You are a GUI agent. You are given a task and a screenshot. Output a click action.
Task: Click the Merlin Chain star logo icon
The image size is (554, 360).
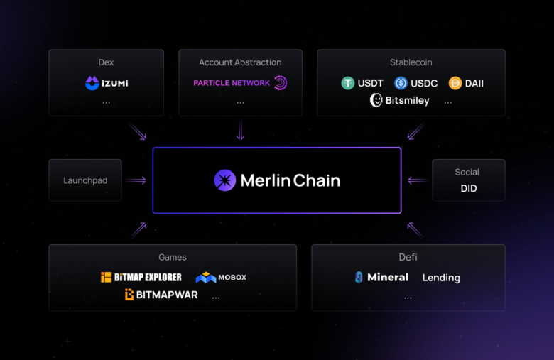point(224,180)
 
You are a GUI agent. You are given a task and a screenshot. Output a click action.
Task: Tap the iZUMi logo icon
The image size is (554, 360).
point(92,84)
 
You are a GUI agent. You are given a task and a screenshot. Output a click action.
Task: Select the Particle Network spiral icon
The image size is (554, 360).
point(281,83)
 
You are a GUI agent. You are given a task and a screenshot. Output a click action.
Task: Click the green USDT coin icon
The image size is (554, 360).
point(347,83)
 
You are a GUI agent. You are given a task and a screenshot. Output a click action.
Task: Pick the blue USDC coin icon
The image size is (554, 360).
point(401,83)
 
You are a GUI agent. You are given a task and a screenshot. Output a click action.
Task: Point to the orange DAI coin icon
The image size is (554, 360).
point(455,83)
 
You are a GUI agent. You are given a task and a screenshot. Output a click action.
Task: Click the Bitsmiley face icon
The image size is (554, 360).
point(376,100)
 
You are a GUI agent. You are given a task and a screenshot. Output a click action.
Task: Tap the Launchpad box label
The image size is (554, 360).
point(85,180)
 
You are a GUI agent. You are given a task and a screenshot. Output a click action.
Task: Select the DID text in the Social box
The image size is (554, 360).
point(468,189)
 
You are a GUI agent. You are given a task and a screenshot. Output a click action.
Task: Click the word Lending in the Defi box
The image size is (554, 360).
point(441,278)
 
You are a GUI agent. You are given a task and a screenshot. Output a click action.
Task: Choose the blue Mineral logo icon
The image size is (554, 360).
point(359,277)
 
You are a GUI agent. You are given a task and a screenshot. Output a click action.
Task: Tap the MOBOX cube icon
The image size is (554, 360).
point(206,277)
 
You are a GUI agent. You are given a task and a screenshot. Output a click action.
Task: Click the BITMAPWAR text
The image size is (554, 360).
point(167,295)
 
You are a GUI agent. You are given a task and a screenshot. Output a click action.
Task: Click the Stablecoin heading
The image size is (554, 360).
point(411,62)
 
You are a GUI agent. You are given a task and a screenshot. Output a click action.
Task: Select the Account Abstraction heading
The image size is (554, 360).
point(240,62)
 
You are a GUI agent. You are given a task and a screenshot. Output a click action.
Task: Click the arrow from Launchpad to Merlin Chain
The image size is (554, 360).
point(136,180)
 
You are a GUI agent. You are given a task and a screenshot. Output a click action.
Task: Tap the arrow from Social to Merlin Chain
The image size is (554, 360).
point(418,180)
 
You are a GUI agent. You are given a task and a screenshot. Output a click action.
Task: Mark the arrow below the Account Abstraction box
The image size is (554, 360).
point(240,130)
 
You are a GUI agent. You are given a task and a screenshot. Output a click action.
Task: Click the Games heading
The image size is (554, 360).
point(173,257)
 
